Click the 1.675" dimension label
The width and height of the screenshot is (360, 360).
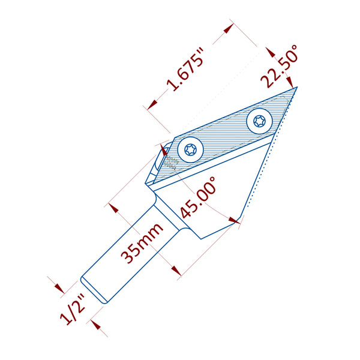tap(185, 69)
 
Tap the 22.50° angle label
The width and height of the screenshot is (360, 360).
tap(280, 66)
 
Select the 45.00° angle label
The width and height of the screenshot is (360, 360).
tap(198, 197)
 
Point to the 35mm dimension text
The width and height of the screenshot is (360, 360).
tap(142, 243)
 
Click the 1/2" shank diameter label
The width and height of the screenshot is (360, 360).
tap(73, 310)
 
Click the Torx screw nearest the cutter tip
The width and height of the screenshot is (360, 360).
tap(259, 121)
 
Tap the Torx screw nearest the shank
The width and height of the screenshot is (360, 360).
tap(191, 150)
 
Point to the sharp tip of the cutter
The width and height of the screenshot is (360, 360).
tap(298, 87)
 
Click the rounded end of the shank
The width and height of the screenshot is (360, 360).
tap(94, 290)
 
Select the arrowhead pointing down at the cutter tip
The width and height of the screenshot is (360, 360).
tap(290, 82)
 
